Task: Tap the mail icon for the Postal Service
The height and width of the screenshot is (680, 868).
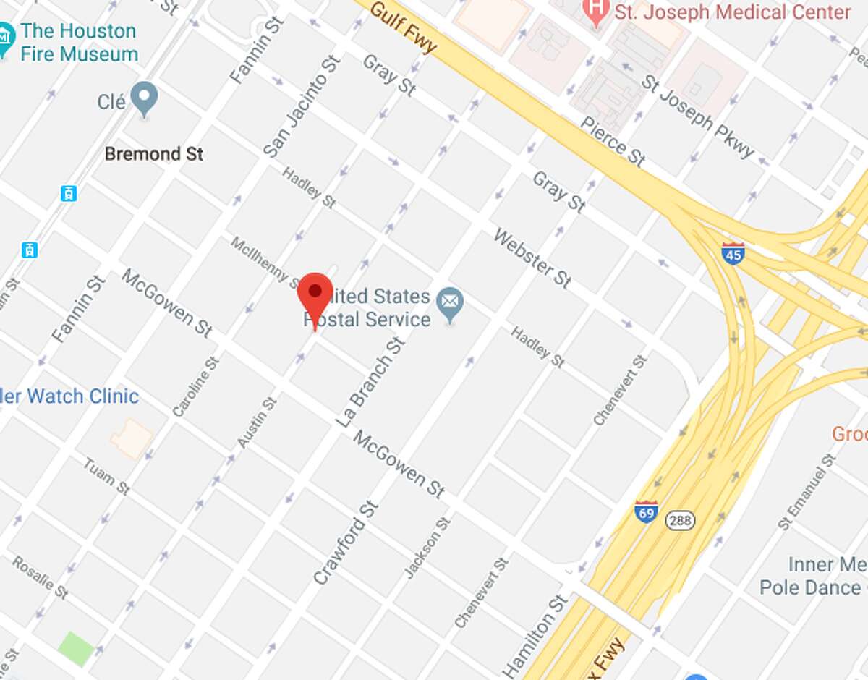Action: coord(450,306)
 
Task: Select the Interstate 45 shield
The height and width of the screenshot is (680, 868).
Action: coord(733,253)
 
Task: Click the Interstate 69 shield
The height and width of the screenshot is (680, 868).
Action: coord(646,511)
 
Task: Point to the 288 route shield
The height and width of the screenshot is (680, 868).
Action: coord(680,520)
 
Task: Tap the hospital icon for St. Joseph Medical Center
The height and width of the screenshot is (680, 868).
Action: coord(596,13)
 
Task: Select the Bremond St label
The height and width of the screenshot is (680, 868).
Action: coord(154,154)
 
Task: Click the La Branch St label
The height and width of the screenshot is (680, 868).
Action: coord(370,381)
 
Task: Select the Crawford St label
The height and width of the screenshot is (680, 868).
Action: coord(346,542)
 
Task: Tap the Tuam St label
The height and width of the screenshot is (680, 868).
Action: coord(106,476)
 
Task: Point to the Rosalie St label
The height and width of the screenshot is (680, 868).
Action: coord(40,577)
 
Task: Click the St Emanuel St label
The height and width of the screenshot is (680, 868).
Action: coord(807,492)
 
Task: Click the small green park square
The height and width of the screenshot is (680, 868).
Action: coord(76,648)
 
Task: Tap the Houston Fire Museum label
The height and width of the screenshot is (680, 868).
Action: coord(78,42)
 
